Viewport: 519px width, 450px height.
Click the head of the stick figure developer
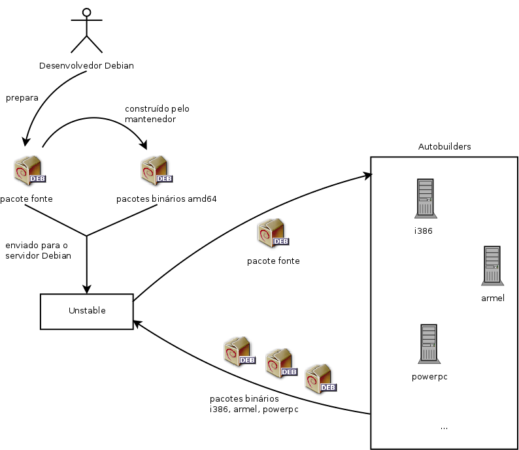point(87,11)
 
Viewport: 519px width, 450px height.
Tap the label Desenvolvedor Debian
point(86,65)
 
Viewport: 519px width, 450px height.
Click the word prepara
point(22,97)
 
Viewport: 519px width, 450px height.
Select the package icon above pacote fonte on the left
point(28,171)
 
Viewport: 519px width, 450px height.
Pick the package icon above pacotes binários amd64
point(156,170)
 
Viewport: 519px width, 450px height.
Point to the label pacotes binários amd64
point(166,199)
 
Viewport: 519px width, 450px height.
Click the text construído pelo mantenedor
point(157,114)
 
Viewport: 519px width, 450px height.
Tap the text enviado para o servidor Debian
point(38,250)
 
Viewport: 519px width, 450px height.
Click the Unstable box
point(86,311)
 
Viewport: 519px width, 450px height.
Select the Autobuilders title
point(444,146)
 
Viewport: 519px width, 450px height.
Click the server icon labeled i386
point(424,199)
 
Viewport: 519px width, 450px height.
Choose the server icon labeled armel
point(492,265)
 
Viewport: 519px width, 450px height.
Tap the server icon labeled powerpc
point(429,344)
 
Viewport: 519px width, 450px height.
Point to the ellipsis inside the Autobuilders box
point(444,427)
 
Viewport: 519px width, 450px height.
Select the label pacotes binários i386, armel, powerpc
point(248,404)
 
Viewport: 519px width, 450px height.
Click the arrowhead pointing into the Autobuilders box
point(367,175)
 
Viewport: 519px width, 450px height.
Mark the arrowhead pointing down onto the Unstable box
point(86,290)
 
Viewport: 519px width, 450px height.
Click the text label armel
point(492,298)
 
